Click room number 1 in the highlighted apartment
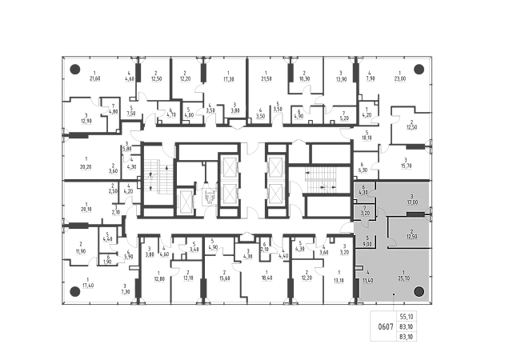[x=404, y=271]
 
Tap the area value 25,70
[x=404, y=278]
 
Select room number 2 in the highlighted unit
[x=411, y=231]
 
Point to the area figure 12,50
[x=411, y=238]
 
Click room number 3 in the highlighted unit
[x=411, y=196]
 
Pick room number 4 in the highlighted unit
[x=367, y=274]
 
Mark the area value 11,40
[x=367, y=280]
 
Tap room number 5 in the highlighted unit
[x=367, y=238]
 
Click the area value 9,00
[x=367, y=245]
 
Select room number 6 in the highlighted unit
[x=363, y=187]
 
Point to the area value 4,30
[x=363, y=193]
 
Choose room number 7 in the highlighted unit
[x=364, y=208]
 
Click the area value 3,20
[x=364, y=214]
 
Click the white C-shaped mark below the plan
[x=384, y=326]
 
